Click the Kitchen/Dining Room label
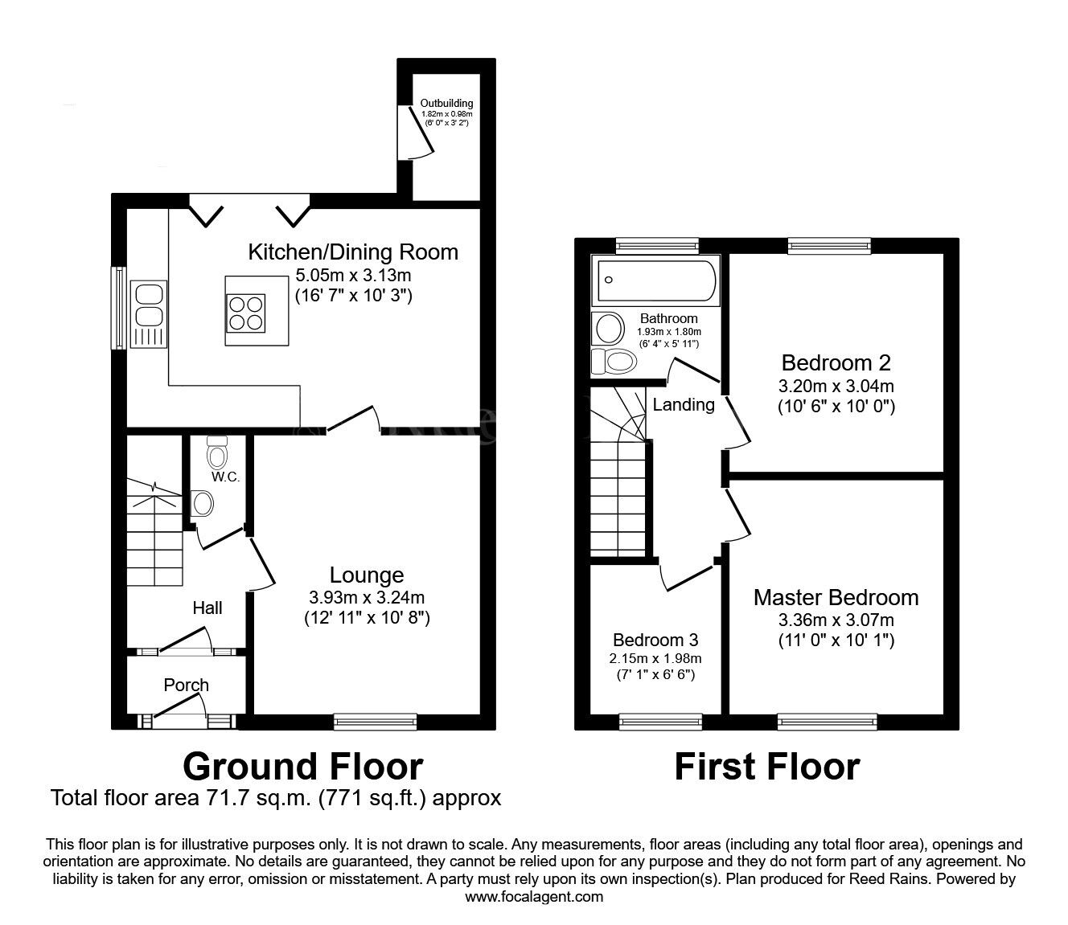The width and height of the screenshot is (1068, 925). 352,252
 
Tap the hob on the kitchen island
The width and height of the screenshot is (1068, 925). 245,313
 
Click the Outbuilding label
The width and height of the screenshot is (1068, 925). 446,104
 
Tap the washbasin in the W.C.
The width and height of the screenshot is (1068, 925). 202,504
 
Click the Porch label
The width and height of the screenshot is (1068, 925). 186,685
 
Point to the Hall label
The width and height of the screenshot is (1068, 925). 207,608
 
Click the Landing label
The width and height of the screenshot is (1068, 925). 683,404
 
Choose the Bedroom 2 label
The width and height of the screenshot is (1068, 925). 836,362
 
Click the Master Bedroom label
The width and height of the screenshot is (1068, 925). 836,597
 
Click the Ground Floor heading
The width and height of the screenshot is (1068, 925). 302,766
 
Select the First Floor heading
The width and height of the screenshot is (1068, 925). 766,766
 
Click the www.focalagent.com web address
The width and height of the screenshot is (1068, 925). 534,897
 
